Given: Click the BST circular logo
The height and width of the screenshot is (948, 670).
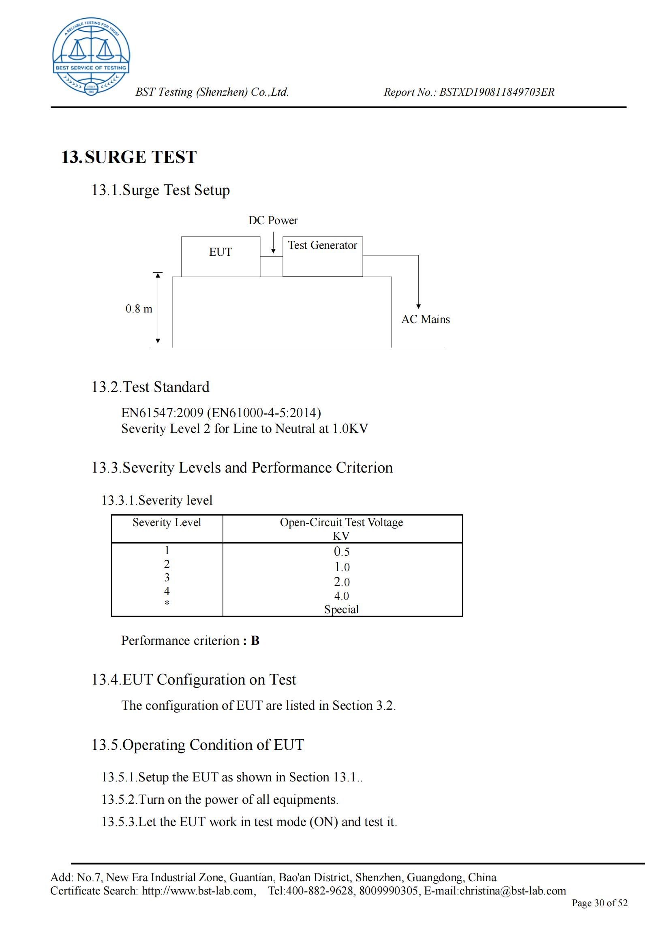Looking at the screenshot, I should tap(91, 57).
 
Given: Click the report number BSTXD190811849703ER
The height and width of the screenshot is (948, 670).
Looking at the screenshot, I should tap(497, 92).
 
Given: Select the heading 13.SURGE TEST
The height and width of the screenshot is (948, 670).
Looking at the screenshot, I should tap(129, 157).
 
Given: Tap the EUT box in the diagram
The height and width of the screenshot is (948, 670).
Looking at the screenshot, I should tap(220, 257).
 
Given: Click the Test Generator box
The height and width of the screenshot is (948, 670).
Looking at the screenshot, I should tap(322, 257).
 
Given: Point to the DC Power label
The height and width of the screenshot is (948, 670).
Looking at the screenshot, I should tap(273, 220).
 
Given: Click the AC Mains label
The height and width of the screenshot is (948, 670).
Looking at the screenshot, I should tap(426, 319).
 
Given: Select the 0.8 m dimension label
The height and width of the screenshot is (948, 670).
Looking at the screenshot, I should tap(139, 309).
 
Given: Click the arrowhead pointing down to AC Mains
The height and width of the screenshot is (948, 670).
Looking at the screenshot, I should tap(419, 306).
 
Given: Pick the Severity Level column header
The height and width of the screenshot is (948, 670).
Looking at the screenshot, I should tap(167, 522).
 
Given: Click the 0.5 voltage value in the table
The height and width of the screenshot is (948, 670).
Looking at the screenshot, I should tap(341, 552).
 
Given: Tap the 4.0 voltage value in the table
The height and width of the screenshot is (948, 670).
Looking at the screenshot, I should tap(341, 596).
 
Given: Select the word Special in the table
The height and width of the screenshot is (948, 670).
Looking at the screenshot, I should tap(341, 610).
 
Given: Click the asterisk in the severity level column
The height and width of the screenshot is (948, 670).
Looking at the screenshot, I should tap(167, 603).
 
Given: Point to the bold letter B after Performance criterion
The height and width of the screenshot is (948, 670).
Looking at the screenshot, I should tap(255, 640).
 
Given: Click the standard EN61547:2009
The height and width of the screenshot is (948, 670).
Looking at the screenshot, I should tap(163, 413).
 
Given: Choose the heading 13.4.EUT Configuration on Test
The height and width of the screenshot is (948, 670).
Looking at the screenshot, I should tap(194, 680).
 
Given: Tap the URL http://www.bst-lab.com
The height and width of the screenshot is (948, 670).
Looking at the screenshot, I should tap(198, 890).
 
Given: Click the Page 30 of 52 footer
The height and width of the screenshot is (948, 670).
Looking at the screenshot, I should tap(599, 903).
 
